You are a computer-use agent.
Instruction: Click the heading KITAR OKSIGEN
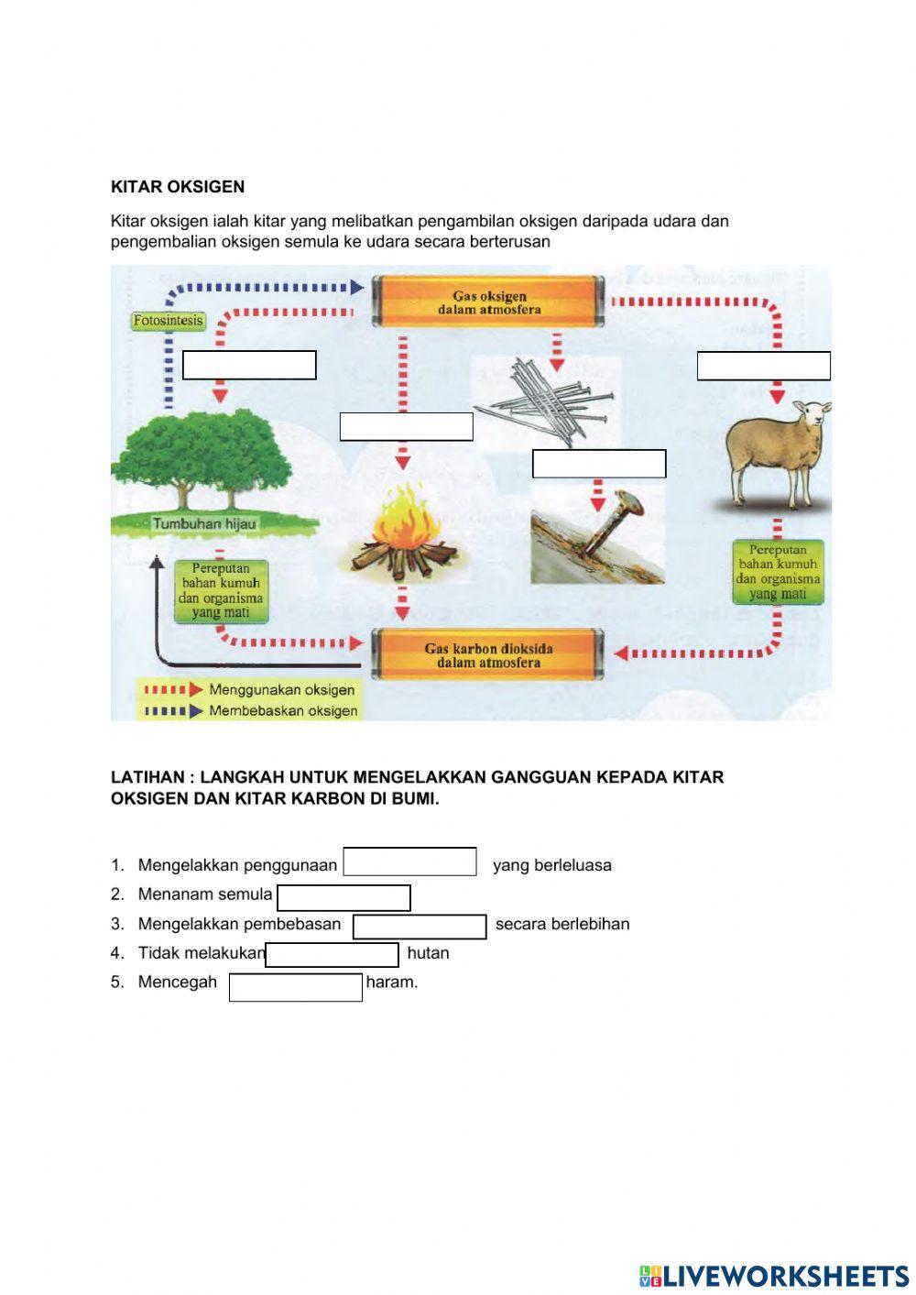[x=178, y=187]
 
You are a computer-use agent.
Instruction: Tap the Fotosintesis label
[x=168, y=321]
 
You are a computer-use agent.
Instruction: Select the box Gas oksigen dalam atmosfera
[x=488, y=302]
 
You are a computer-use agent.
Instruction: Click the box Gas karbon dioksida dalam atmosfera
[x=488, y=654]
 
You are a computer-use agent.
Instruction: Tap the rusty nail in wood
[x=598, y=535]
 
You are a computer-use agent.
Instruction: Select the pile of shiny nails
[x=548, y=401]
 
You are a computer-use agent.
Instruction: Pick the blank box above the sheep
[x=763, y=366]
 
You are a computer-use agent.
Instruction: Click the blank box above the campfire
[x=406, y=427]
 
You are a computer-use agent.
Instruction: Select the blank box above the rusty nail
[x=598, y=464]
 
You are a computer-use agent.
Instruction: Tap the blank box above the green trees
[x=249, y=365]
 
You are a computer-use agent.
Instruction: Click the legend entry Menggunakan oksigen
[x=280, y=690]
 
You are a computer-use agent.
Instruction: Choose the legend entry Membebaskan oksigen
[x=282, y=711]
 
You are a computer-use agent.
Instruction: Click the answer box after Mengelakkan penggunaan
[x=409, y=862]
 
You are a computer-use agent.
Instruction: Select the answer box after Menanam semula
[x=343, y=897]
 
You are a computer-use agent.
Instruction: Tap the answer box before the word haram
[x=295, y=987]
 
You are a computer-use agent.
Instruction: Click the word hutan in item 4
[x=428, y=953]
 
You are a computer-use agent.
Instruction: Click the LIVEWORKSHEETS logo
[x=774, y=1276]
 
